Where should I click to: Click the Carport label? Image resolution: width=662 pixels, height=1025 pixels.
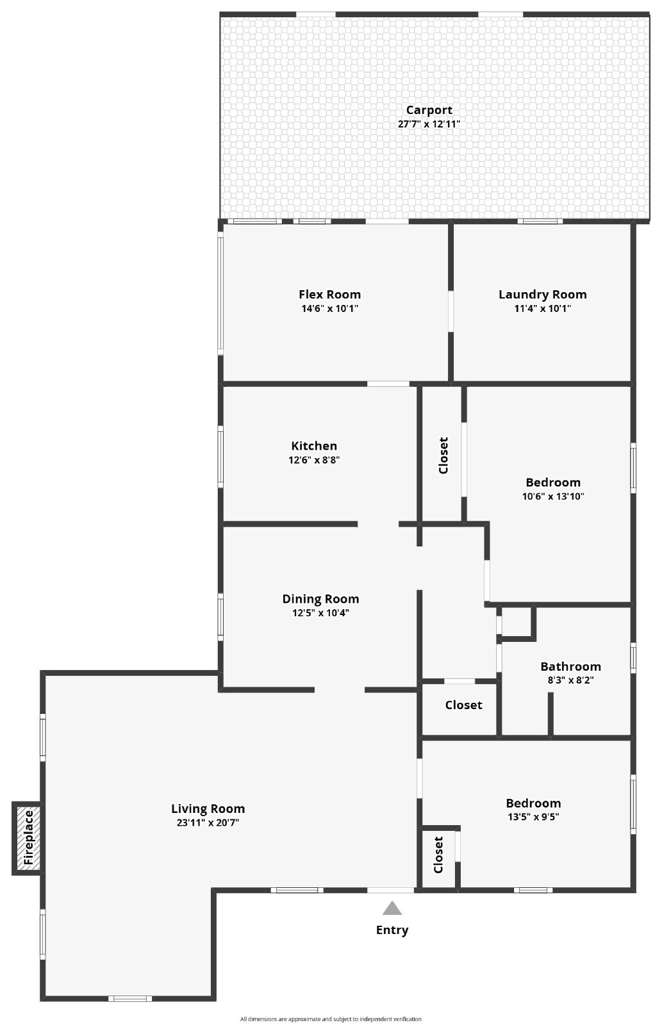tap(429, 110)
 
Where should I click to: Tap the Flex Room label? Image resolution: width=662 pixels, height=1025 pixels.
tap(329, 295)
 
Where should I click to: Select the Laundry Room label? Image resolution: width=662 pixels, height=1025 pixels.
tap(543, 295)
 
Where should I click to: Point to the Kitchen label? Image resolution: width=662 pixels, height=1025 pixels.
tap(314, 446)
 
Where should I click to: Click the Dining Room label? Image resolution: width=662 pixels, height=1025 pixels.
tap(320, 600)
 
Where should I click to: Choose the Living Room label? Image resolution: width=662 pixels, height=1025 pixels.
tap(208, 809)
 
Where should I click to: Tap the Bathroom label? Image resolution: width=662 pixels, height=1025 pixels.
tap(570, 667)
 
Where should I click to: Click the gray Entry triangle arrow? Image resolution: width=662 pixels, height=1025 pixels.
tap(392, 908)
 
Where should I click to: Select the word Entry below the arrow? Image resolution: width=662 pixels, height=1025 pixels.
tap(392, 930)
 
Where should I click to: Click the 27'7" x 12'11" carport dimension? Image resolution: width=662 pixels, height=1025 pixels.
tap(429, 124)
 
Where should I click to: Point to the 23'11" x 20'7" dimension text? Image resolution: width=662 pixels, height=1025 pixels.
tap(208, 823)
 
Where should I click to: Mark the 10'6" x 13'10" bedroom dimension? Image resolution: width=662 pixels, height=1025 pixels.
tap(553, 496)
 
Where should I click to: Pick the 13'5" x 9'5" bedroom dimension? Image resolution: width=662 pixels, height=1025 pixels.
tap(533, 817)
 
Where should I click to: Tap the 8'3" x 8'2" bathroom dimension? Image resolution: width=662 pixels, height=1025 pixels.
tap(570, 680)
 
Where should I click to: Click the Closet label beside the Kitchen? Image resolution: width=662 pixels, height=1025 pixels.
tap(443, 455)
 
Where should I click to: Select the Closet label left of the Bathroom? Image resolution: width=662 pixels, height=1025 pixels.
tap(463, 705)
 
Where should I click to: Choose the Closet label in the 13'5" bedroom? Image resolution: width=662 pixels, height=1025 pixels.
tap(438, 855)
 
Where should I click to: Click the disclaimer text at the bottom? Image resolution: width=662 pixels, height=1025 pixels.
tap(331, 1019)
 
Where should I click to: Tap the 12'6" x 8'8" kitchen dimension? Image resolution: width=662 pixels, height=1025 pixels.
tap(314, 460)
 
